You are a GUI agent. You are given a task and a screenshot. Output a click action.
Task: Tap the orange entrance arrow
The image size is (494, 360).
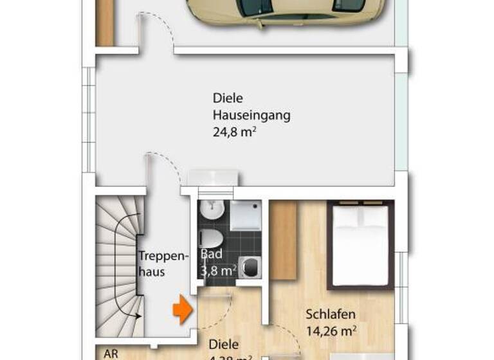point(182,310)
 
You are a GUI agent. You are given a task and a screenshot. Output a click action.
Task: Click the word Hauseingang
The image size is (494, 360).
point(252,116)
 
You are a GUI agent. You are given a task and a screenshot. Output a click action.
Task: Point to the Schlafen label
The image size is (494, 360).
point(331,315)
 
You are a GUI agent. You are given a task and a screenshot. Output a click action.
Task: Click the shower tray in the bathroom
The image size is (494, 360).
point(245,215)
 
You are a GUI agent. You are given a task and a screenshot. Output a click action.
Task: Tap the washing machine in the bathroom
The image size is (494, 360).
point(249,267)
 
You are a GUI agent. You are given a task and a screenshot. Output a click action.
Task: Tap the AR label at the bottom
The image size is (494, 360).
point(111,354)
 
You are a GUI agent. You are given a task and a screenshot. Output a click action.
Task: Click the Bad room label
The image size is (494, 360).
point(210,253)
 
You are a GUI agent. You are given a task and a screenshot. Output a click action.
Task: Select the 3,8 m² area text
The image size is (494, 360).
point(217,271)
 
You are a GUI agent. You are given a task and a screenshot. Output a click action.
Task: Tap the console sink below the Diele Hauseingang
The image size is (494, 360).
point(213,178)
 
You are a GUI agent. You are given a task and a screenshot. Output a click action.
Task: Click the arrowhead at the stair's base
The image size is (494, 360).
point(138,316)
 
